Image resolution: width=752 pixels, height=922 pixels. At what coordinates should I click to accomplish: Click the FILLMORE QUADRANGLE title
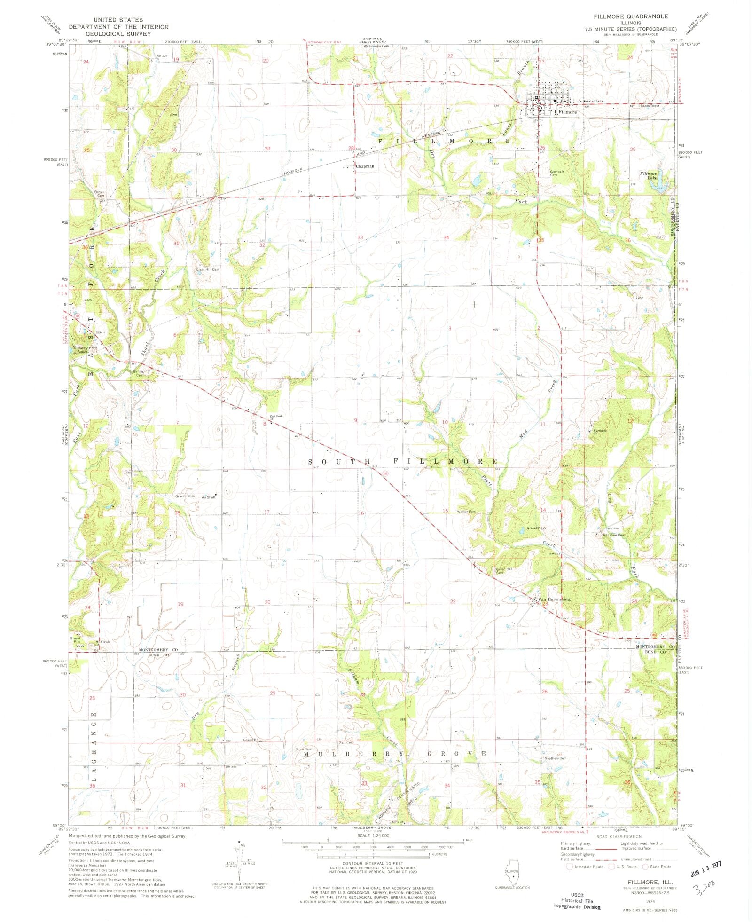click(630, 16)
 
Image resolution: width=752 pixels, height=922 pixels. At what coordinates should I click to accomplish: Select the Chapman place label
click(365, 166)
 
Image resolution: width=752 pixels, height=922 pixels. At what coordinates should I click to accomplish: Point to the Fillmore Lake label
click(648, 176)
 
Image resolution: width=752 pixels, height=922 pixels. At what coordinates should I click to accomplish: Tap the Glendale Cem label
click(560, 173)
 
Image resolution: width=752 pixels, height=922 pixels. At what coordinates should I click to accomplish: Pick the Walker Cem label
click(466, 512)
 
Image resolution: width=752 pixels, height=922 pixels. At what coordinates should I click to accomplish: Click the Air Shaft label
click(208, 497)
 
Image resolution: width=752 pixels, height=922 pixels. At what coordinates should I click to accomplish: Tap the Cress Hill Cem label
click(207, 270)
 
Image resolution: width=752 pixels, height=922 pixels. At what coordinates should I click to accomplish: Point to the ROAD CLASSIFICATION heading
click(619, 836)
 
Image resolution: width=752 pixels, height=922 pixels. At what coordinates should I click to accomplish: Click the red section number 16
click(361, 513)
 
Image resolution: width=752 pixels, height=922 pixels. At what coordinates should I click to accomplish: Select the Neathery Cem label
click(555, 758)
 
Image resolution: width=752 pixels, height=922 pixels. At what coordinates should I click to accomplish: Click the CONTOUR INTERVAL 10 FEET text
click(380, 863)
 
